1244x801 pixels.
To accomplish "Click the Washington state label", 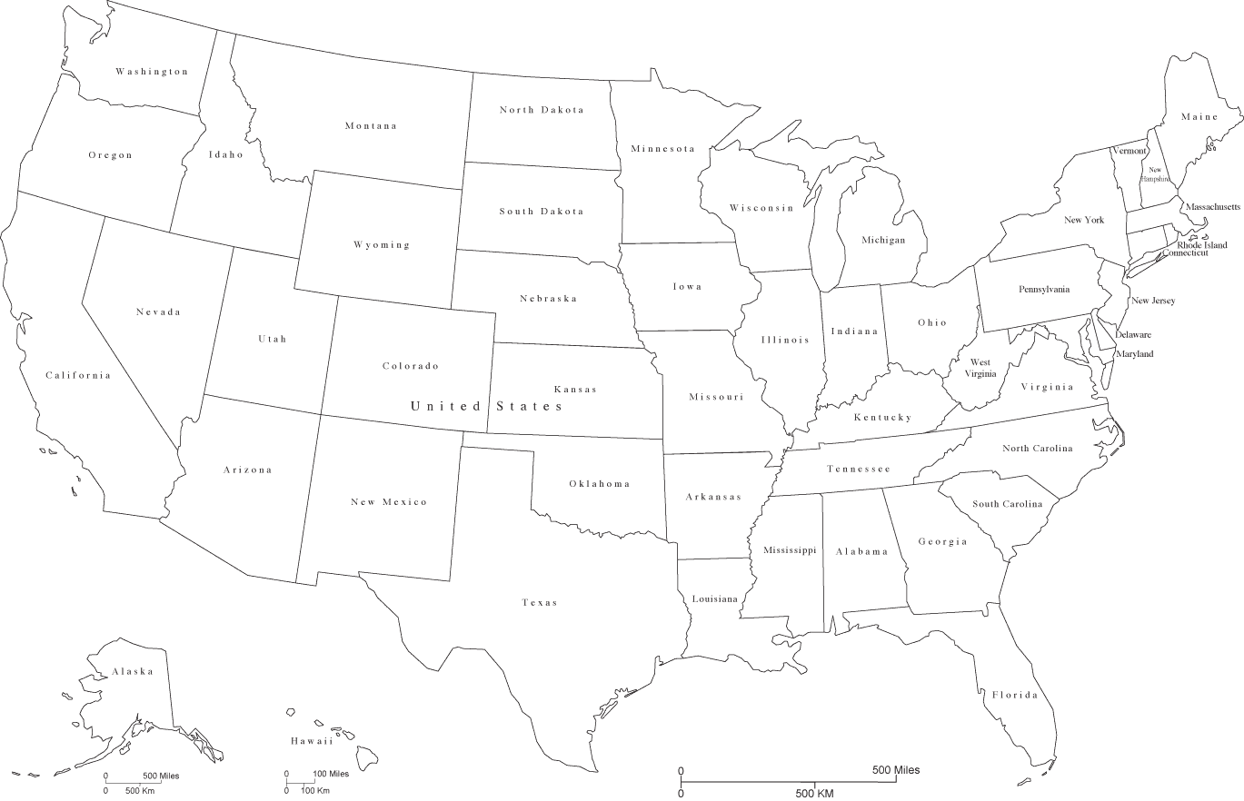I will click(152, 72).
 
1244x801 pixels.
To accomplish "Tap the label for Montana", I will click(371, 126).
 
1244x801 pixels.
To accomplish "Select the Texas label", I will click(540, 603).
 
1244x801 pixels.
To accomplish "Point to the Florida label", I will click(1014, 696).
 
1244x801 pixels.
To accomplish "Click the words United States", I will click(487, 406).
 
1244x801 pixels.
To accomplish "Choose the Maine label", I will click(1199, 117).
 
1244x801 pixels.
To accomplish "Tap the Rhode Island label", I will click(1201, 244).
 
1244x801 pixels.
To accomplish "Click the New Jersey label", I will click(1152, 301).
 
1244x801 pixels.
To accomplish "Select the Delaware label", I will click(1133, 335).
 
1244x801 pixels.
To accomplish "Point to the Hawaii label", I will click(312, 742).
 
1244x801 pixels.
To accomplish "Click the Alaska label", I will click(133, 672).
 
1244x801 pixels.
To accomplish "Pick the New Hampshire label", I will click(1156, 174).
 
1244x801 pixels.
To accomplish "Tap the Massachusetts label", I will click(1212, 207).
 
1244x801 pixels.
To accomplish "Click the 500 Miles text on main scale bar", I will click(895, 770).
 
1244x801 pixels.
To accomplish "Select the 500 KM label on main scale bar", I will click(815, 793).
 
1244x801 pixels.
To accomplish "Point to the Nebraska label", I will click(548, 299).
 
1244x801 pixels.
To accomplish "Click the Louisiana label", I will click(715, 599).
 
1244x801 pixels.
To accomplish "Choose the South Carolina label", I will click(1008, 504).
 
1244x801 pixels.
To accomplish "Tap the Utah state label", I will click(272, 339).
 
